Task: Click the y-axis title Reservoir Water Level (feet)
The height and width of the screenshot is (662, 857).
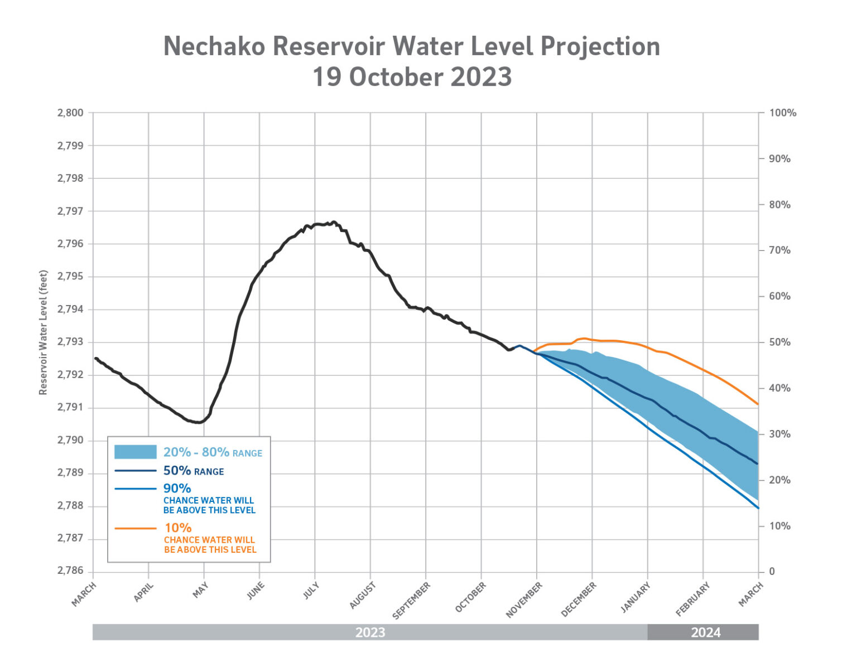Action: [44, 332]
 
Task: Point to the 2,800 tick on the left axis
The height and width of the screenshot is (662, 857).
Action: [70, 113]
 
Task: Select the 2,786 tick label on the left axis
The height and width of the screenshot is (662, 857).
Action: [70, 571]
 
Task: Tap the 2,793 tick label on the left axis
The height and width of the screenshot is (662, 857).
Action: [70, 342]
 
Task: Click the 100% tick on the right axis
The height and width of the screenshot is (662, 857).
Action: [782, 113]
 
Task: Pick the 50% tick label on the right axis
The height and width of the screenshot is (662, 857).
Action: [779, 342]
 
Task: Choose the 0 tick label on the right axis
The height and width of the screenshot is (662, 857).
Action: [772, 572]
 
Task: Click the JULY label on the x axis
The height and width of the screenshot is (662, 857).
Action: [311, 591]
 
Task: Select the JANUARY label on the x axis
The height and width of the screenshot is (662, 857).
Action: [636, 597]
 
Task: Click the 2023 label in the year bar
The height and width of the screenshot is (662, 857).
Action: [370, 632]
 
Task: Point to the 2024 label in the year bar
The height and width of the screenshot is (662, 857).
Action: [706, 632]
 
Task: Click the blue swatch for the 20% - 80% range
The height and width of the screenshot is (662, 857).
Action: [135, 452]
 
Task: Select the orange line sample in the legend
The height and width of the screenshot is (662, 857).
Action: [135, 528]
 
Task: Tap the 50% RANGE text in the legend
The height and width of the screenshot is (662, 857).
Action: [193, 471]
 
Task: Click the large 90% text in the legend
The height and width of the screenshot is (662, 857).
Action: [177, 489]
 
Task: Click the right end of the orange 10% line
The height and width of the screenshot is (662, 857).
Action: [758, 404]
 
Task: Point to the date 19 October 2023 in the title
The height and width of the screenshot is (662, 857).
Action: [412, 77]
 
